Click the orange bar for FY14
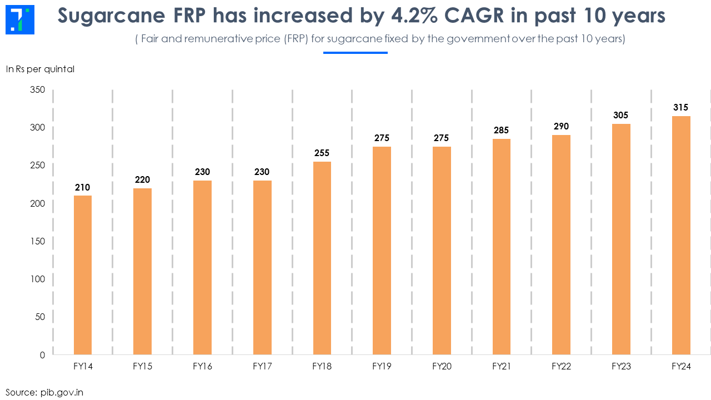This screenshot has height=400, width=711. (83, 275)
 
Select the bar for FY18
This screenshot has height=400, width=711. (322, 258)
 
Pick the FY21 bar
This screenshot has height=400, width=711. (502, 247)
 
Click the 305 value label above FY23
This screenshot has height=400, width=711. (621, 116)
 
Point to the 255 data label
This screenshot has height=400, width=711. (322, 153)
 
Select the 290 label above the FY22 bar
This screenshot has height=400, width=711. (561, 127)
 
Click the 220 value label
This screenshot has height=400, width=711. (143, 180)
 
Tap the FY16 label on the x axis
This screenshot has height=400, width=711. (202, 367)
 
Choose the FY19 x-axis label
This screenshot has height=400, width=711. (382, 367)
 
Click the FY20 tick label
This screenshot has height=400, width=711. (442, 367)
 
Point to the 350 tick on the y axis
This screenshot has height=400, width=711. (38, 89)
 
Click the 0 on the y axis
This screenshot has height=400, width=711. (42, 355)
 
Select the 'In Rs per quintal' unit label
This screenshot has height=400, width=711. (40, 69)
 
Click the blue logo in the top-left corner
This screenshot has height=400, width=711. (20, 19)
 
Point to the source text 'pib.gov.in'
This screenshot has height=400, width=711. (62, 392)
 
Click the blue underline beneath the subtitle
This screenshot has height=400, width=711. (355, 53)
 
